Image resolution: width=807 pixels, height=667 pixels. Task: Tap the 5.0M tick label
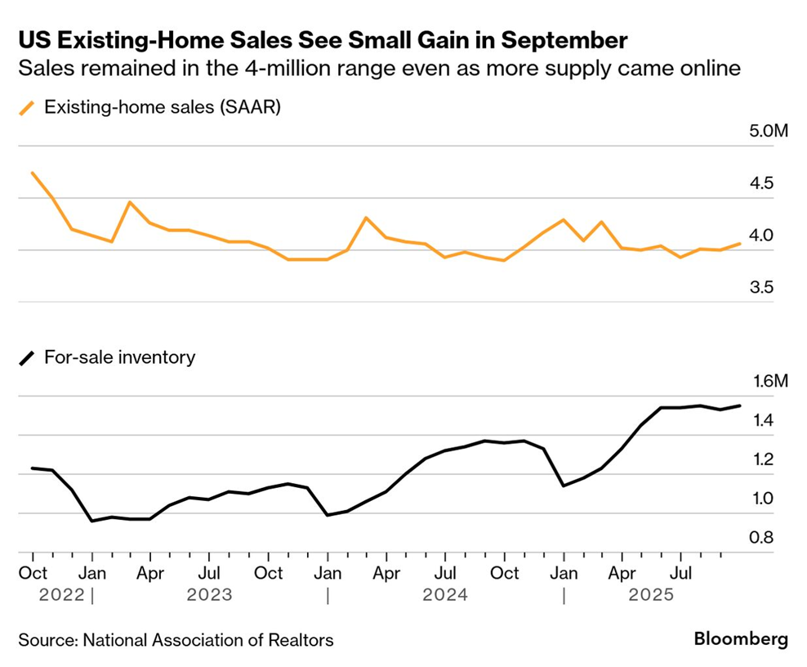point(767,131)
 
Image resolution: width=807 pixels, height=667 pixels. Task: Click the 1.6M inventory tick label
point(767,381)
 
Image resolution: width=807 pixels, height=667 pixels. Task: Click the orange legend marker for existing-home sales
point(29,107)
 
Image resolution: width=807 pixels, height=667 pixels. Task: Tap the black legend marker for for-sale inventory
point(29,357)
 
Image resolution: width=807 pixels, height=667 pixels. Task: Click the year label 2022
point(61,595)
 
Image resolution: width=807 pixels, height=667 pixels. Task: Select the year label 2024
point(445,595)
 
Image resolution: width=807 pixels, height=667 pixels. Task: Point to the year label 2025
point(650,595)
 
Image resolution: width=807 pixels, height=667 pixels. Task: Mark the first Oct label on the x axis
point(33,573)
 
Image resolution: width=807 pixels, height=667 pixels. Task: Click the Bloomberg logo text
point(741,639)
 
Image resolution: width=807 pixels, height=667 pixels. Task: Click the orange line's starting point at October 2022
point(33,173)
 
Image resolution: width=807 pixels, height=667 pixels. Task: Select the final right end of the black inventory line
point(741,405)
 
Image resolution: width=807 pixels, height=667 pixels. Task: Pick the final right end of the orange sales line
point(741,243)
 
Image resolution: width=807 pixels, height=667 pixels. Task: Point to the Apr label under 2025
point(623,573)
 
